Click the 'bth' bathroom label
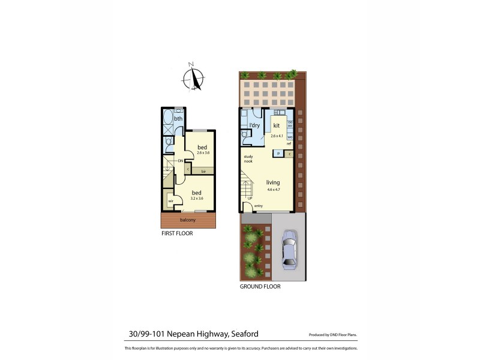(x=178, y=119)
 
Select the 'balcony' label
(x=187, y=220)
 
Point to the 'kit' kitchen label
(x=277, y=125)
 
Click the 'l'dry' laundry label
(x=254, y=125)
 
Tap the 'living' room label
(x=274, y=182)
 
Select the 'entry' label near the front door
(x=259, y=206)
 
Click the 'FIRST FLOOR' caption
(x=177, y=233)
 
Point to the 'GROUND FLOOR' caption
(x=261, y=287)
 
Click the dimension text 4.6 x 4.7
(x=274, y=190)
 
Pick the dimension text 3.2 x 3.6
(x=197, y=198)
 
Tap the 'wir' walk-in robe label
(x=171, y=201)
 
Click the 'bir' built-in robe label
(x=204, y=172)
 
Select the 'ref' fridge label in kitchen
(x=289, y=144)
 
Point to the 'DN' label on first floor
(x=181, y=161)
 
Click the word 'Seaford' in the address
(x=244, y=334)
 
